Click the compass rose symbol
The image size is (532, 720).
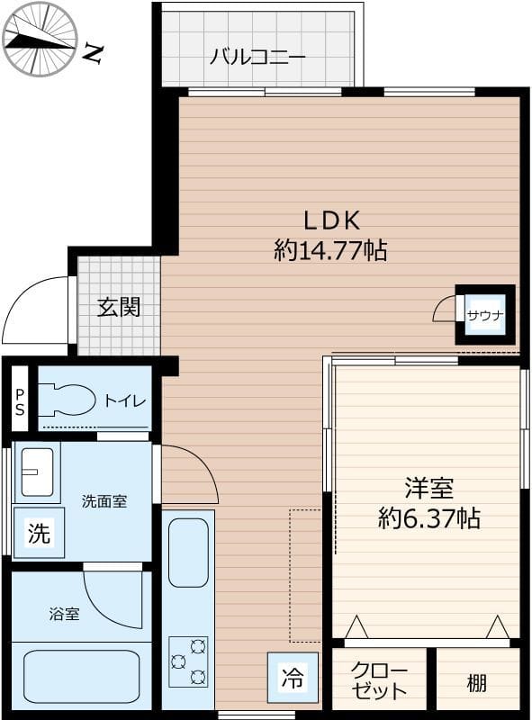[x=40, y=40]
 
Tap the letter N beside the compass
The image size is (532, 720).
[x=92, y=54]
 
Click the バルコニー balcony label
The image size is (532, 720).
[x=258, y=57]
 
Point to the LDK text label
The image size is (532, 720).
[x=330, y=220]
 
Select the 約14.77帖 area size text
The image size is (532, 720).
[x=330, y=251]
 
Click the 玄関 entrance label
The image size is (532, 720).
[x=119, y=307]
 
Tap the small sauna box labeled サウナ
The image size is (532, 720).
[x=484, y=315]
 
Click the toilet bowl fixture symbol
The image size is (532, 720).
[x=68, y=400]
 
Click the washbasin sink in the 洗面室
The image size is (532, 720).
[x=37, y=472]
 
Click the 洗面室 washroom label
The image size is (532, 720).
[x=104, y=501]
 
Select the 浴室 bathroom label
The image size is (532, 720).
[x=64, y=615]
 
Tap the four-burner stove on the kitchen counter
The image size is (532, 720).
[x=188, y=661]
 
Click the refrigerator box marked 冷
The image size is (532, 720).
[x=292, y=677]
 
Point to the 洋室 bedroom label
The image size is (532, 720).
[x=428, y=489]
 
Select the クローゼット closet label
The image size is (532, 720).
[x=379, y=680]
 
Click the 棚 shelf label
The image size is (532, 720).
[x=476, y=682]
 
